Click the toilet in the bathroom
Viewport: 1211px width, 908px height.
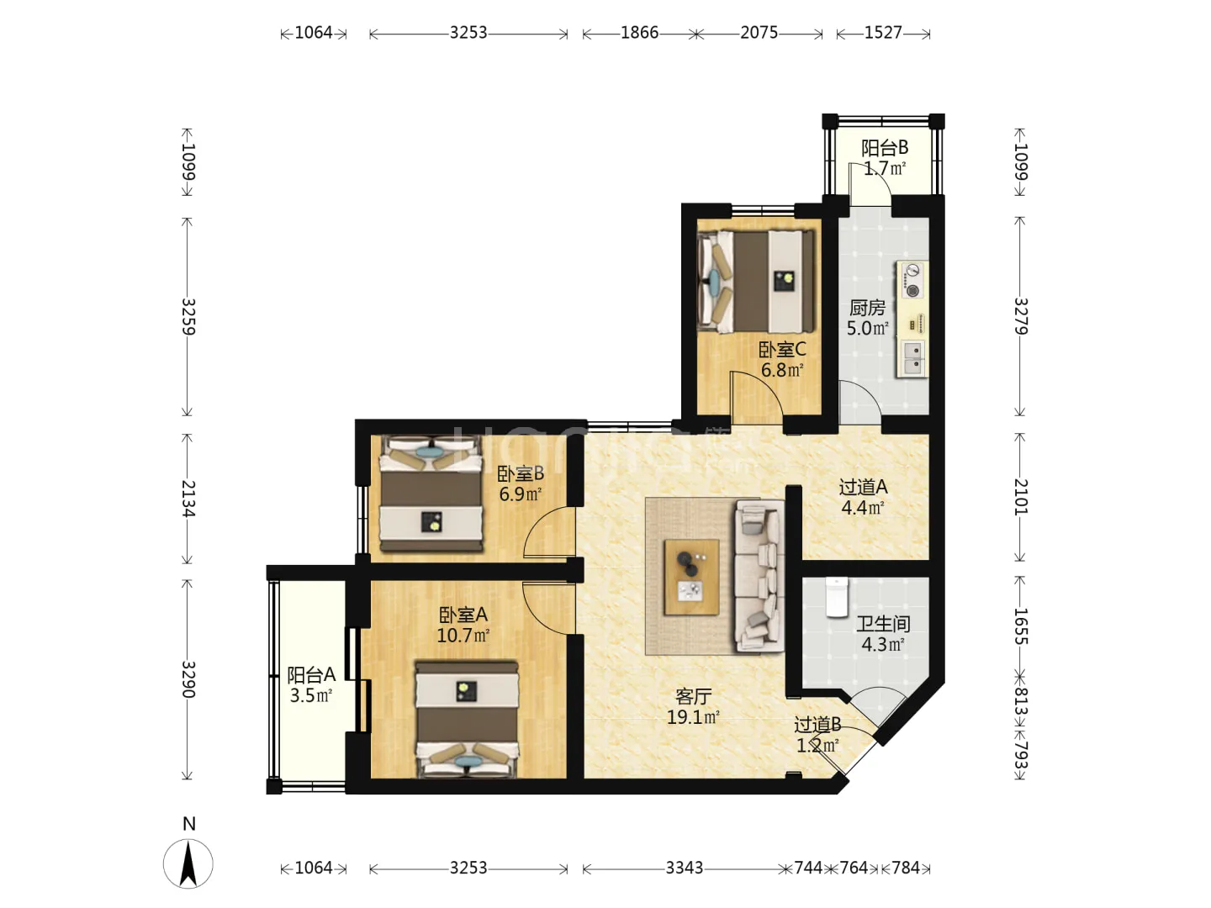[837, 597]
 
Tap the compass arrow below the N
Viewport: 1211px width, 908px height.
[188, 863]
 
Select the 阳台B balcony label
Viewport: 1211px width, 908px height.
[885, 148]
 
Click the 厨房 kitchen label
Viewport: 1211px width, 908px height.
[867, 308]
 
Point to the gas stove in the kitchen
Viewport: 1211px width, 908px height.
[912, 281]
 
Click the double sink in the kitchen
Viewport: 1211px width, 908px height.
[913, 358]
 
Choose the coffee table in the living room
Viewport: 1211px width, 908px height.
[691, 577]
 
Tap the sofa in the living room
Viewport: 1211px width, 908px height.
[759, 576]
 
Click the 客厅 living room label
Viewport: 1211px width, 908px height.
[694, 697]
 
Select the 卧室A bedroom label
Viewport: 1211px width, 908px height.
[463, 615]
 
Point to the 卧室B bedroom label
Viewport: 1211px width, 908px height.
[521, 473]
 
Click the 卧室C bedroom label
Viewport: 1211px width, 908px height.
[782, 349]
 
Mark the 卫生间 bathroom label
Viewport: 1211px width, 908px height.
[883, 624]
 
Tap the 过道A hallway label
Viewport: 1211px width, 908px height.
[863, 488]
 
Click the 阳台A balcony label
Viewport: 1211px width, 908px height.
[311, 675]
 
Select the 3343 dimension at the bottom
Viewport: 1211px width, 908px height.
[684, 868]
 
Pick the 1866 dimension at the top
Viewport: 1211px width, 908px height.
[639, 33]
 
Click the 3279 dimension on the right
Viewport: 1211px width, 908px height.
[1021, 316]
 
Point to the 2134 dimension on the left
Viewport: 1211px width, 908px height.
[188, 499]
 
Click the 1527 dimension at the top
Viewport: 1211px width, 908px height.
[883, 33]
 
